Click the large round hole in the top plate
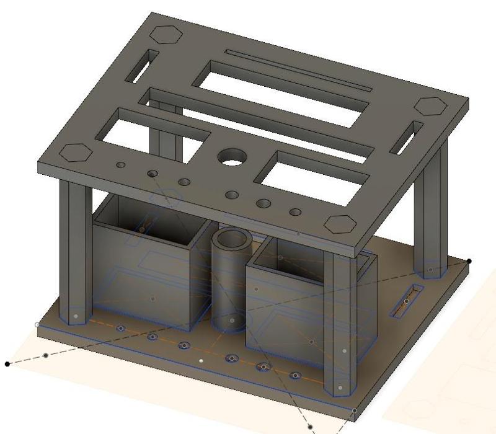(231, 157)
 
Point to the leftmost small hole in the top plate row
(121, 165)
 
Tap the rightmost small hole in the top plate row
(295, 212)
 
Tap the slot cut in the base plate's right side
(407, 301)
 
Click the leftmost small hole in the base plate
(122, 328)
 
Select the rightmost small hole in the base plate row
(295, 376)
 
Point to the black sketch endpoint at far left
(7, 364)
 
